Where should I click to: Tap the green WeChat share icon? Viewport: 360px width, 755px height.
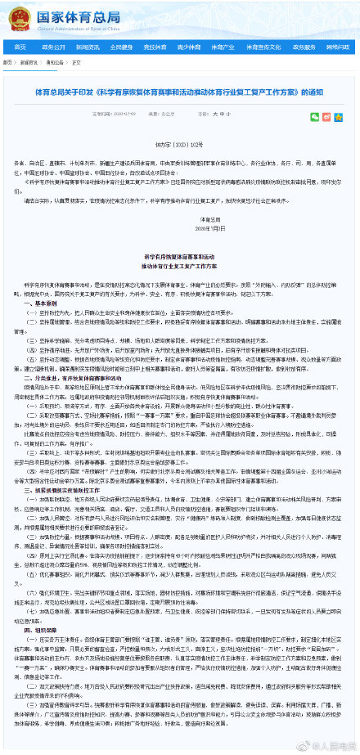coord(315,117)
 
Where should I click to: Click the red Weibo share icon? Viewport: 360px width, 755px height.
coord(327,117)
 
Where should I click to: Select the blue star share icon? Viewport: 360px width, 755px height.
coord(340,117)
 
